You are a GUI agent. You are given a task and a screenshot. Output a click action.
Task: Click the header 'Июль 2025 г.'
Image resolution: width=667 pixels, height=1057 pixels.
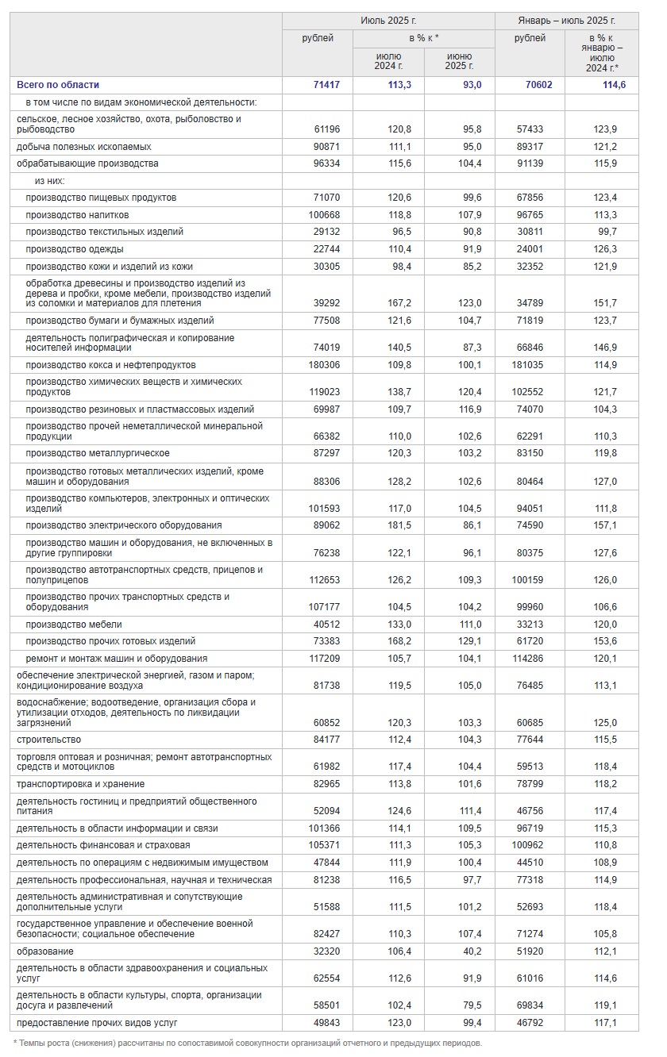pyautogui.click(x=388, y=21)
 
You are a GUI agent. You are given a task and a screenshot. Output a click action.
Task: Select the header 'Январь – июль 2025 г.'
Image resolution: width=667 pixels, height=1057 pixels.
pyautogui.click(x=566, y=21)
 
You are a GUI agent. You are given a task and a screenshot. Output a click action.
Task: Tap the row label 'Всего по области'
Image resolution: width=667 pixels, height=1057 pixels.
pyautogui.click(x=58, y=85)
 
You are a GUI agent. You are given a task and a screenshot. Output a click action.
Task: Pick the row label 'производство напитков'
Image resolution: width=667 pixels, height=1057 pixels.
pyautogui.click(x=77, y=215)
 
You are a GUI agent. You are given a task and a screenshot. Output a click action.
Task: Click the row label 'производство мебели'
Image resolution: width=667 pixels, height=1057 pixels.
pyautogui.click(x=73, y=625)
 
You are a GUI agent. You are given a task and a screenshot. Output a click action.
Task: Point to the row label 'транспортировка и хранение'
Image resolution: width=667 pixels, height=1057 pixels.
pyautogui.click(x=80, y=784)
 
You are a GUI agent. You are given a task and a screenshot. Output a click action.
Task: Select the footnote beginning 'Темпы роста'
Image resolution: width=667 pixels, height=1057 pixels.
pyautogui.click(x=248, y=1043)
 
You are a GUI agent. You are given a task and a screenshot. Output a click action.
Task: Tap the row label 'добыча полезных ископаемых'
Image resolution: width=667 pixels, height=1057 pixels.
pyautogui.click(x=83, y=147)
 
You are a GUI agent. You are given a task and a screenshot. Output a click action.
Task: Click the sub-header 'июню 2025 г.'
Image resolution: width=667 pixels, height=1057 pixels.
pyautogui.click(x=460, y=61)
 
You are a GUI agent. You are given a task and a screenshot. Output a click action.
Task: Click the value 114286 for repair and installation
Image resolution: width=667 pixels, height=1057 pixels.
pyautogui.click(x=535, y=659)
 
